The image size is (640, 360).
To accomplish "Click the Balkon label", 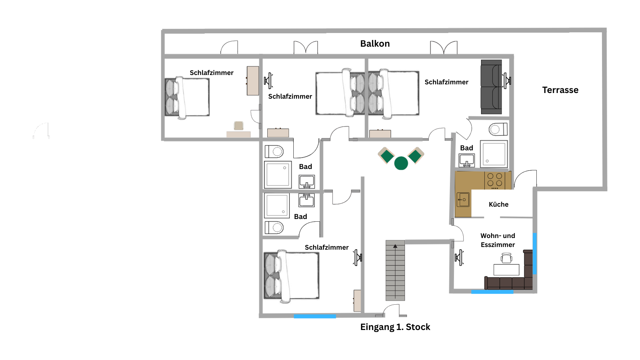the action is (x=375, y=44).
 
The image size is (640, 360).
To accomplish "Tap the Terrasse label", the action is (x=560, y=90).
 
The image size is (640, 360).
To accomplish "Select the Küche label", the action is (x=499, y=204).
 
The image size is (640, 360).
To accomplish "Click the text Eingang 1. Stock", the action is (x=395, y=327).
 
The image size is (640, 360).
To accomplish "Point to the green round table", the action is (x=401, y=163).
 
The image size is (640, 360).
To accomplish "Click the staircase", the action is (x=395, y=270).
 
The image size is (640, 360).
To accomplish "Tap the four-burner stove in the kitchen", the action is (x=495, y=180).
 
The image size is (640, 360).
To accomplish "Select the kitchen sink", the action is (x=463, y=200).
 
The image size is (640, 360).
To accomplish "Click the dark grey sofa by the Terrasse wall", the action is (x=491, y=87).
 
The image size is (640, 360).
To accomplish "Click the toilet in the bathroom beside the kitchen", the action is (x=498, y=129).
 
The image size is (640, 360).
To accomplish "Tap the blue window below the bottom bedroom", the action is (x=315, y=316).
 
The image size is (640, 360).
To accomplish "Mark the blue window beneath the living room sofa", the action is (x=492, y=292).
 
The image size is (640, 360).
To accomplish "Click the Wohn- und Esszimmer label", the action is (x=498, y=240).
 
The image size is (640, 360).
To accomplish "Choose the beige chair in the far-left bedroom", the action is (x=239, y=126).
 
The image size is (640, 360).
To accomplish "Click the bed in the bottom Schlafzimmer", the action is (x=291, y=276).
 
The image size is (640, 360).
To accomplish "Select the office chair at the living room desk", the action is (x=506, y=258).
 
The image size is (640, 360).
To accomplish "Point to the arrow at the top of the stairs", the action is (x=395, y=246).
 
